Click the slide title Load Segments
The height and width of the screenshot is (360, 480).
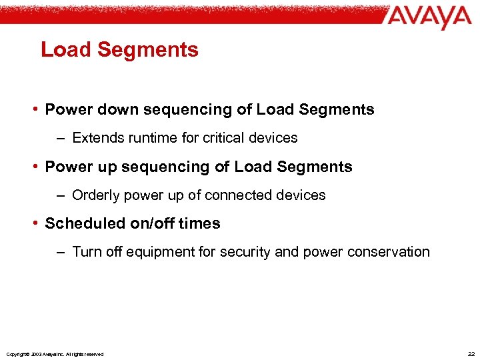[x=119, y=50]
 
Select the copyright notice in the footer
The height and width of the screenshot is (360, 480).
[x=55, y=354]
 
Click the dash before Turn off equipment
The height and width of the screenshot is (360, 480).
[x=61, y=252]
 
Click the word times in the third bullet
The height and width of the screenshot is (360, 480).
[x=199, y=224]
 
